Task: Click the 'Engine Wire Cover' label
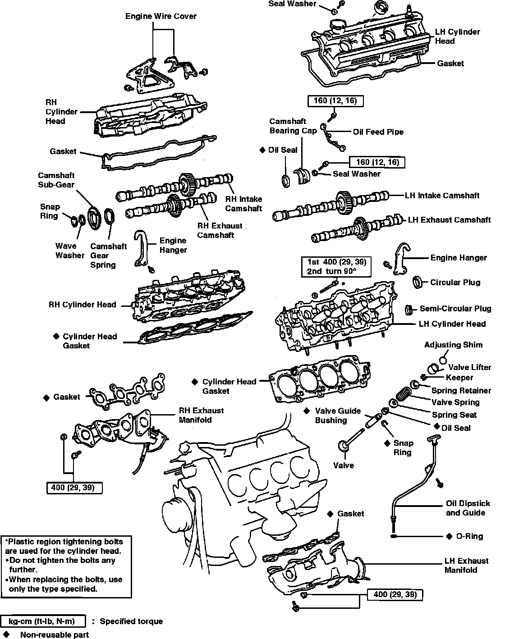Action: coord(161,16)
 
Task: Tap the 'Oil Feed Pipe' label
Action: coord(378,132)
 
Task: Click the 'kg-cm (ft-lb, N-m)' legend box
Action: coord(44,621)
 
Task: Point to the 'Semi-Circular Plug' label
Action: coord(455,309)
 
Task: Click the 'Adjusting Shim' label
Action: coord(453,345)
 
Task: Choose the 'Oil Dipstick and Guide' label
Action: coord(468,508)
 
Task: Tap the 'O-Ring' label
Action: coord(469,536)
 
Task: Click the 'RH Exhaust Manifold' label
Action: coord(201,415)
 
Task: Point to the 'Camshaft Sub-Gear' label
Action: coord(56,180)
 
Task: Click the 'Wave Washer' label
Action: coord(69,251)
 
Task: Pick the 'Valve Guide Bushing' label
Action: coord(338,415)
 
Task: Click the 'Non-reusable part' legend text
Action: coord(54,634)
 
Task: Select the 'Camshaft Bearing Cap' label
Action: coord(293,126)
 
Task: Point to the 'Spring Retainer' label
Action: coord(461,390)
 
